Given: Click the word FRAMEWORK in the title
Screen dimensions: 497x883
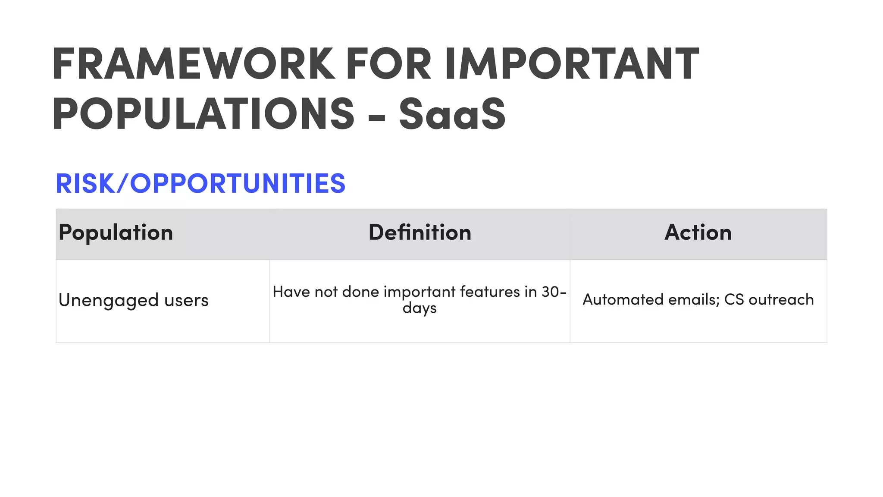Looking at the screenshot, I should [x=194, y=64].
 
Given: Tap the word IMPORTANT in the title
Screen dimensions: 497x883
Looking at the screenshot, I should [x=572, y=64].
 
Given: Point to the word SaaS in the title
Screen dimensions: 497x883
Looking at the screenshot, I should [x=452, y=113].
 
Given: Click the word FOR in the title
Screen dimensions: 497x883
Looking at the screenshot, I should [x=388, y=64].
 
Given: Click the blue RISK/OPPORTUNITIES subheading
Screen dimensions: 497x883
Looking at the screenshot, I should [x=200, y=183].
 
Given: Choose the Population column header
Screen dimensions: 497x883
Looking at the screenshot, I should [x=116, y=233].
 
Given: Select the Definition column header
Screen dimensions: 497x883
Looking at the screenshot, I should [x=420, y=233].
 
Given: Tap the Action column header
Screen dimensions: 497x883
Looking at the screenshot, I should [x=698, y=233].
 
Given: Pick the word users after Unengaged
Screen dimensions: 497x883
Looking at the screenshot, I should [x=186, y=300].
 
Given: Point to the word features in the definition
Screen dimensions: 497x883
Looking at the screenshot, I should [x=490, y=292].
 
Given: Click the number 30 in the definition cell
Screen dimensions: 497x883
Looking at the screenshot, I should [x=550, y=292].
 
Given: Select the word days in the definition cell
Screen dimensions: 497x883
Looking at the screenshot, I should [x=420, y=308].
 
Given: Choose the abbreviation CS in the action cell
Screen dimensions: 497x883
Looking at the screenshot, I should [x=734, y=299].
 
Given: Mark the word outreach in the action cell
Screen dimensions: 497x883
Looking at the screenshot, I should [x=781, y=299].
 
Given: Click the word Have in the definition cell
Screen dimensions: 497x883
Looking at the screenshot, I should [x=291, y=292].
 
